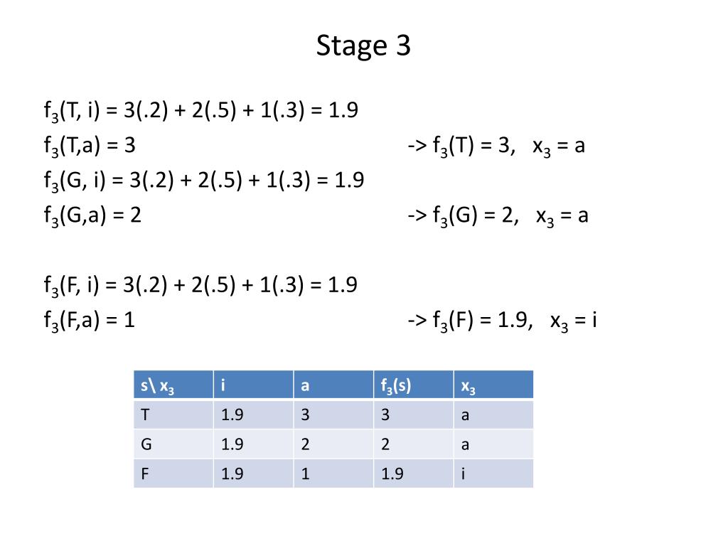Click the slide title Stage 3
(363, 46)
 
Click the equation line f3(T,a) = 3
(89, 146)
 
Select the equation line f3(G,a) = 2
(92, 215)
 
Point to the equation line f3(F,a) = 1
(89, 320)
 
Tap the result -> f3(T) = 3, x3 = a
(496, 146)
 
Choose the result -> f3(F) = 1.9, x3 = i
(501, 321)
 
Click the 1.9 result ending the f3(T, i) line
(343, 111)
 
